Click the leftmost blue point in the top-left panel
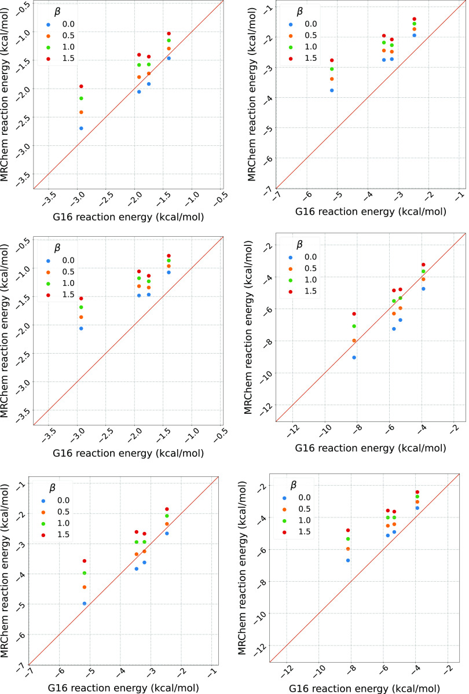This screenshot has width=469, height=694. [81, 128]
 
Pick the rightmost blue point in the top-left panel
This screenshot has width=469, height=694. [168, 58]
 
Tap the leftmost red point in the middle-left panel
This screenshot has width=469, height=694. [81, 299]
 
